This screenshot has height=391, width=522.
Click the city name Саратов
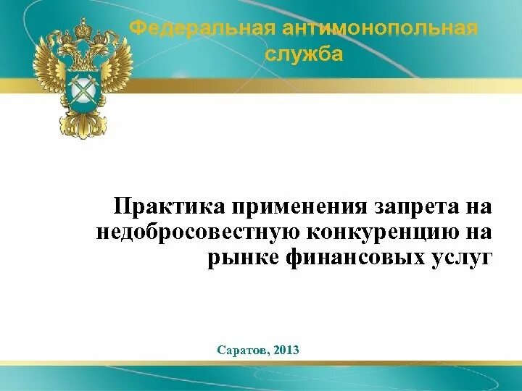point(241,350)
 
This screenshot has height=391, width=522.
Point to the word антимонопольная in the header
point(380,29)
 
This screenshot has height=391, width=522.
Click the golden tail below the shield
point(82,125)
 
